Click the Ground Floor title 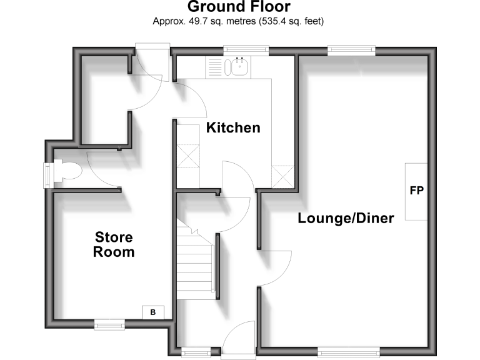239,7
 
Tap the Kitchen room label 233,128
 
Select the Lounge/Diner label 346,219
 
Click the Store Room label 114,244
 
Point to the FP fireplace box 417,191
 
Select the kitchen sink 239,67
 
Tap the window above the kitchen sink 246,49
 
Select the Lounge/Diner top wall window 351,49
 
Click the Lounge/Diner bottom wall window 348,352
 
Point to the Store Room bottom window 109,324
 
